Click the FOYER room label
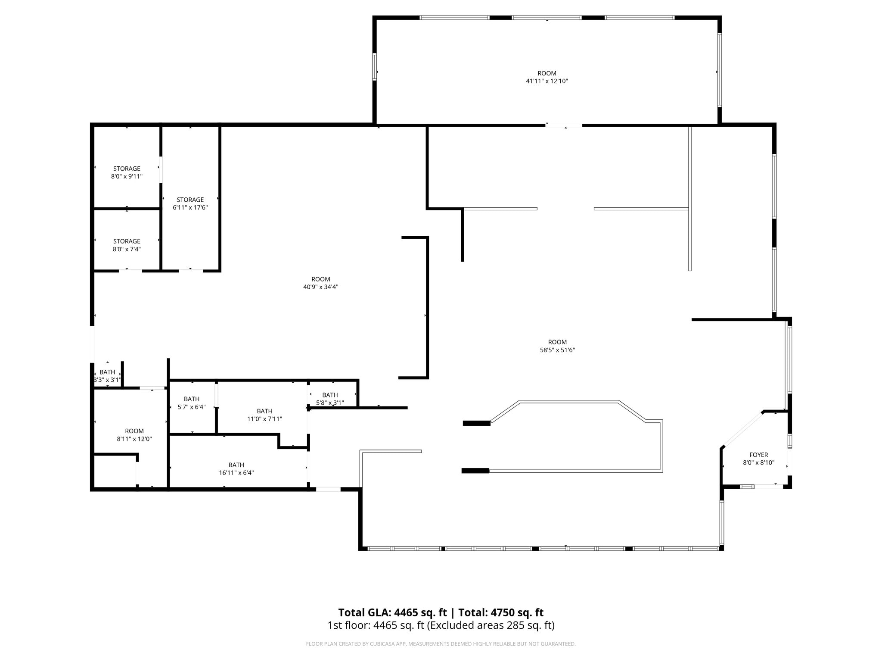point(758,455)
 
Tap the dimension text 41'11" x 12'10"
point(547,81)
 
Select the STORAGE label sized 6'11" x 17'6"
point(190,200)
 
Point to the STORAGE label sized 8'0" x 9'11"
point(127,169)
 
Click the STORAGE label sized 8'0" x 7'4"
point(127,241)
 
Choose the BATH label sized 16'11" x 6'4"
point(236,465)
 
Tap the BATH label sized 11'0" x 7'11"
point(264,411)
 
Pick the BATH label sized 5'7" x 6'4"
point(192,399)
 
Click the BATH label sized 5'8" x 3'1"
point(330,395)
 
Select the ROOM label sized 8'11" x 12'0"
point(134,431)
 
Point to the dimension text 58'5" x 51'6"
point(557,350)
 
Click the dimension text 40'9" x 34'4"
point(320,287)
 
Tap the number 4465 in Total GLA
point(406,612)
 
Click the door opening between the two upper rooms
point(564,125)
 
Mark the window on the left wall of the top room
point(375,67)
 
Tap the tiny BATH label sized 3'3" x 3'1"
point(107,372)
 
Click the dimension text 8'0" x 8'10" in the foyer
point(758,463)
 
